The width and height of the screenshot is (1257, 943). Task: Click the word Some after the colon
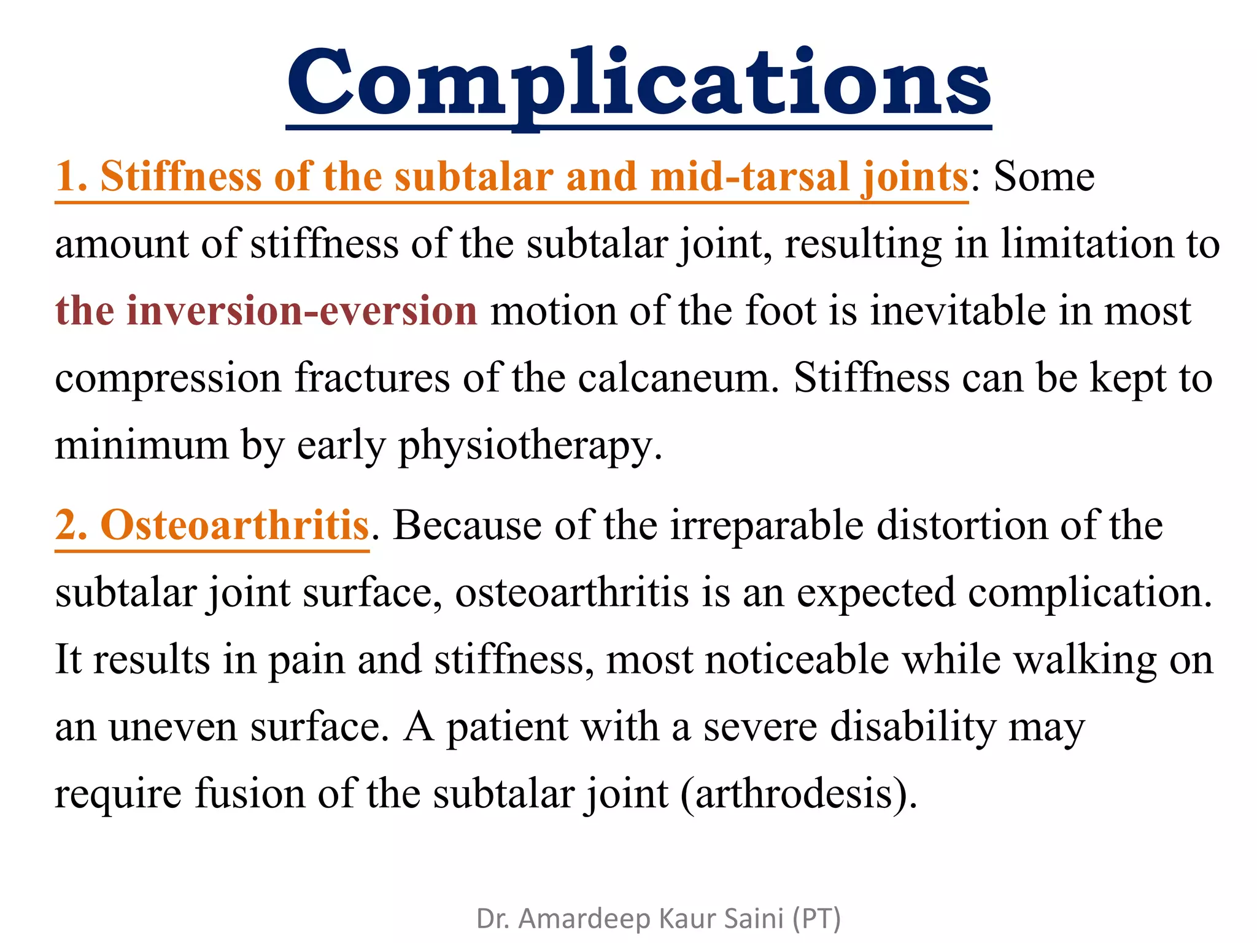pyautogui.click(x=1043, y=177)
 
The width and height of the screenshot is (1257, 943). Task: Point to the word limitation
pyautogui.click(x=1086, y=244)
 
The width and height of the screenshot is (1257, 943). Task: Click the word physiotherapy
pyautogui.click(x=530, y=446)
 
